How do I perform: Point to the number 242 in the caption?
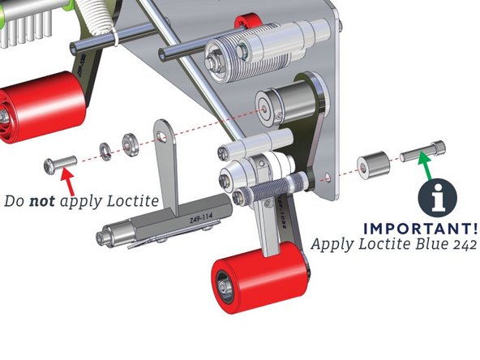coord(460,243)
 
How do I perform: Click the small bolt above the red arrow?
coord(60,165)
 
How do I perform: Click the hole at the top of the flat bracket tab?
coord(164,129)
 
